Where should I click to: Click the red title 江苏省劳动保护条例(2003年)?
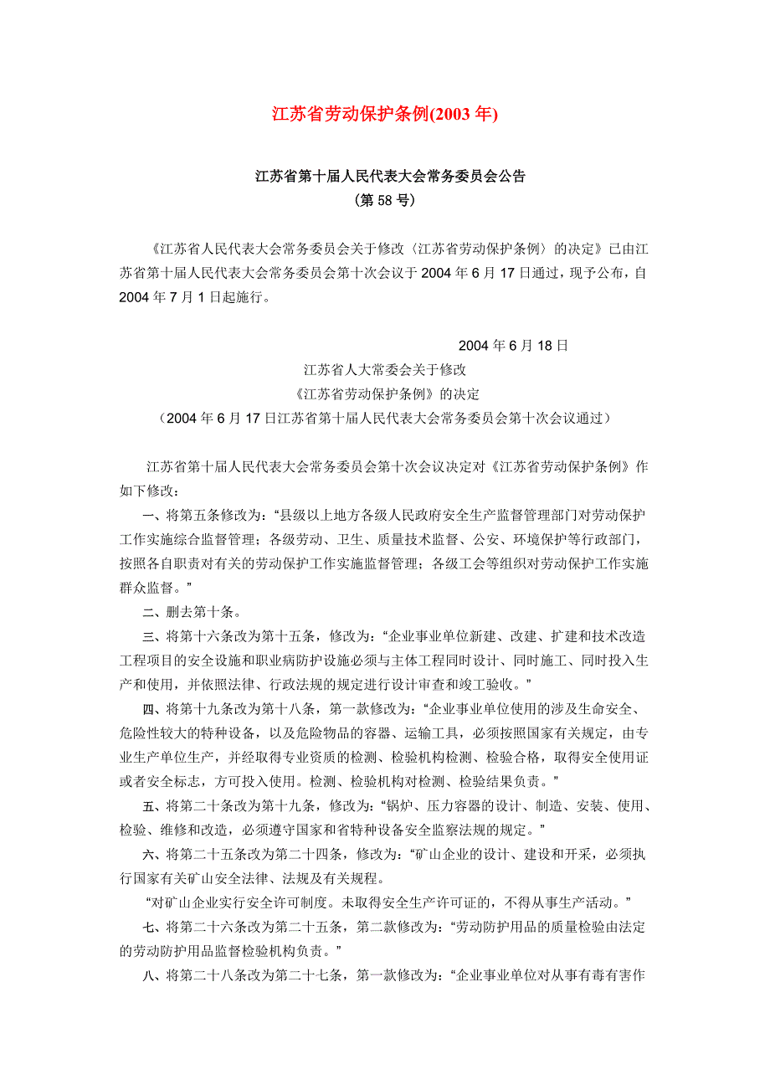(x=384, y=114)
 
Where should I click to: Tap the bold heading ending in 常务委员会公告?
(x=390, y=177)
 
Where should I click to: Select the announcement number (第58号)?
(x=385, y=201)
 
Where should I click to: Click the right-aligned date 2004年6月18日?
(x=513, y=345)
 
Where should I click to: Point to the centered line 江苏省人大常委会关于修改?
(x=384, y=369)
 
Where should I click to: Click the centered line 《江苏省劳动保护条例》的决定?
(x=384, y=393)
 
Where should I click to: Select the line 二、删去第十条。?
(x=192, y=610)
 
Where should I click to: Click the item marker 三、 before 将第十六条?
(x=155, y=635)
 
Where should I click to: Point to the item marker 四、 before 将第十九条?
(x=155, y=708)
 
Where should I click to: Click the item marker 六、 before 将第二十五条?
(x=155, y=855)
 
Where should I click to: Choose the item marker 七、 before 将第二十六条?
(x=155, y=927)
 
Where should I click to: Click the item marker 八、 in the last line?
(x=155, y=975)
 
